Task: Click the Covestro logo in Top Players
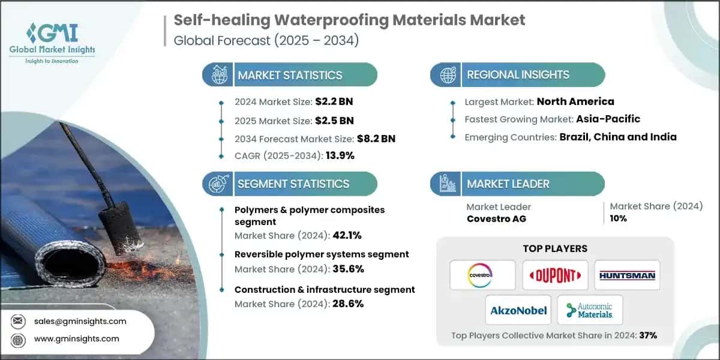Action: click(482, 275)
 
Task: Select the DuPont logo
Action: click(555, 275)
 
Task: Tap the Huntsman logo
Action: click(627, 275)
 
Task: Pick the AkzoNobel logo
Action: click(518, 310)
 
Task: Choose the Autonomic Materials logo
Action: click(590, 310)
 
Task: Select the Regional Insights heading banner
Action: click(517, 75)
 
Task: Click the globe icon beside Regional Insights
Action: click(448, 75)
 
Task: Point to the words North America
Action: click(575, 101)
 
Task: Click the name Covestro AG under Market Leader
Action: click(496, 219)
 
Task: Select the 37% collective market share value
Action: click(649, 335)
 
